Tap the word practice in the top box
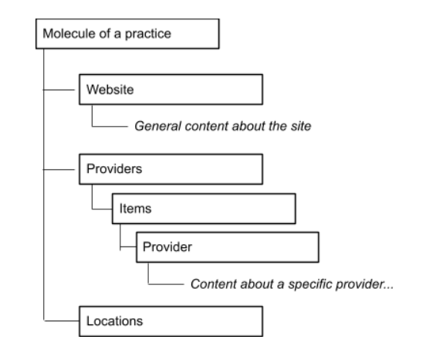pyautogui.click(x=148, y=34)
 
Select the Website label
pyautogui.click(x=110, y=90)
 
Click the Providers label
pyautogui.click(x=114, y=169)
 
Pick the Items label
pyautogui.click(x=135, y=209)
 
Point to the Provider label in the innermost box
pyautogui.click(x=167, y=247)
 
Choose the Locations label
pyautogui.click(x=114, y=321)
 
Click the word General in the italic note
pyautogui.click(x=157, y=126)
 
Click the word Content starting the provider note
pyautogui.click(x=213, y=284)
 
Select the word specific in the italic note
pyautogui.click(x=309, y=285)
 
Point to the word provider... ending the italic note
pyautogui.click(x=364, y=285)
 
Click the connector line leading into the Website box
pyautogui.click(x=59, y=90)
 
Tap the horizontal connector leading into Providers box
pyautogui.click(x=59, y=170)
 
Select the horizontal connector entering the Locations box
pyautogui.click(x=62, y=321)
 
